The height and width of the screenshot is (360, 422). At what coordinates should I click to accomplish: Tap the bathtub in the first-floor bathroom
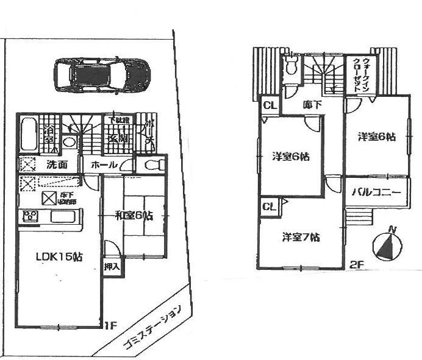pos(27,135)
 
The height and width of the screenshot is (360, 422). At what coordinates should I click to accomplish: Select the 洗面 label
pos(53,164)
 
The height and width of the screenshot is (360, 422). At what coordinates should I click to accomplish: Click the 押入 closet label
pos(112,267)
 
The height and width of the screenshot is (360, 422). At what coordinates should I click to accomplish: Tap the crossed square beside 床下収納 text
pos(49,198)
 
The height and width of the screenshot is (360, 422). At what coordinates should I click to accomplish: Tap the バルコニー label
pos(376,193)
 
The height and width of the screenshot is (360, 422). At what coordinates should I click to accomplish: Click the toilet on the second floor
pos(291,66)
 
